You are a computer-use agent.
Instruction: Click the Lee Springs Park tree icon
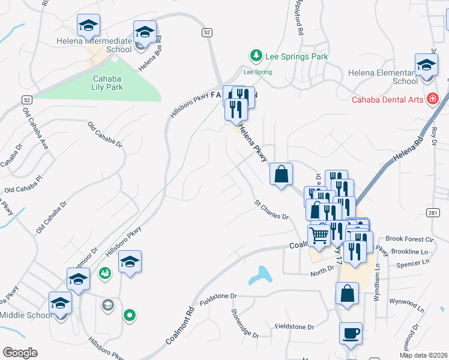pos(256,56)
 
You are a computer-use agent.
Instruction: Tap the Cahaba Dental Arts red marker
pos(432,99)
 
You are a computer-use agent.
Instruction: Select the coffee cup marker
pos(350,333)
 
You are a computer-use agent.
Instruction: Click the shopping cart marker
pos(319,235)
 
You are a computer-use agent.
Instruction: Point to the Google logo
pos(20,353)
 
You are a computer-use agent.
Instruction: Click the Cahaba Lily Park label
pos(107,83)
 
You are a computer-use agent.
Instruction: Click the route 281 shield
pos(434,213)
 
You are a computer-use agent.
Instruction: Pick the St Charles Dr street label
pos(271,210)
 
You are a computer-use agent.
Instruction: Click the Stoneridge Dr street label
pos(245,323)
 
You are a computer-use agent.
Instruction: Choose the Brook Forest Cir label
pos(410,238)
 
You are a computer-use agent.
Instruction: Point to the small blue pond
pos(261,275)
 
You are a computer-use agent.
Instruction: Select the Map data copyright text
pos(423,355)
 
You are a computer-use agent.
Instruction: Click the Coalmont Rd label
pos(181,328)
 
